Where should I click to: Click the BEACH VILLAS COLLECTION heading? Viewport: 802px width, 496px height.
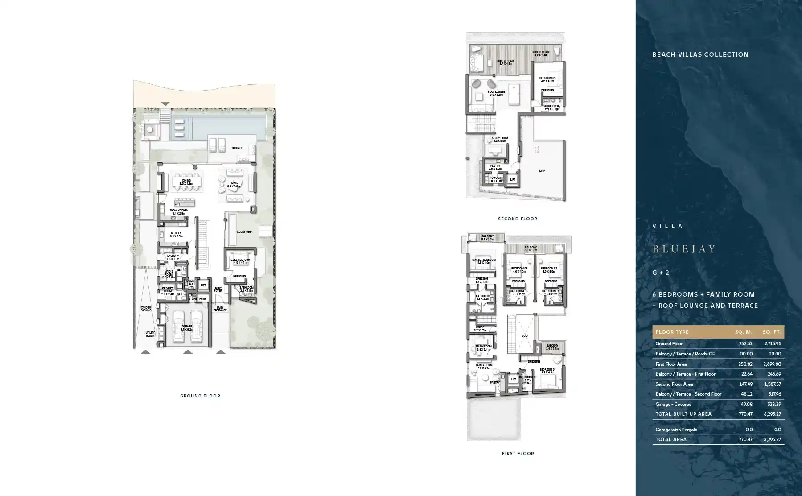(x=700, y=54)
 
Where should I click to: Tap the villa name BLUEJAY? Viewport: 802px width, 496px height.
(x=684, y=249)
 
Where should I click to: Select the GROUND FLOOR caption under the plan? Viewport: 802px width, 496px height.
(x=200, y=396)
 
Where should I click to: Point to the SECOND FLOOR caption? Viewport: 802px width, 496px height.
(x=518, y=219)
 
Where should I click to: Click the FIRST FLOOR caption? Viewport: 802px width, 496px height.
(x=518, y=454)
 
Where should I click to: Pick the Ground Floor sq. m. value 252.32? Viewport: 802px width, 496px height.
(x=745, y=343)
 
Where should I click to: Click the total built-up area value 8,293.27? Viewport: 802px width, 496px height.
(x=772, y=414)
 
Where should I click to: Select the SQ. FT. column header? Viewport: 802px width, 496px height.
(x=771, y=332)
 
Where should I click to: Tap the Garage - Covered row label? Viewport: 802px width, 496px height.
(x=673, y=404)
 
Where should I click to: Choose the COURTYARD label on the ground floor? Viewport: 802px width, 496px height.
(x=244, y=232)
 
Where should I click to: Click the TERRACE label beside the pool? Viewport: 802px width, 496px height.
(x=237, y=148)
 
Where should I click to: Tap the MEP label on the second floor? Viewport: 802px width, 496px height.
(x=542, y=171)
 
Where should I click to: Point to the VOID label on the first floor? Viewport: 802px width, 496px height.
(x=525, y=336)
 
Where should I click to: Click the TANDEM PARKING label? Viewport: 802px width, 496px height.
(x=146, y=309)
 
